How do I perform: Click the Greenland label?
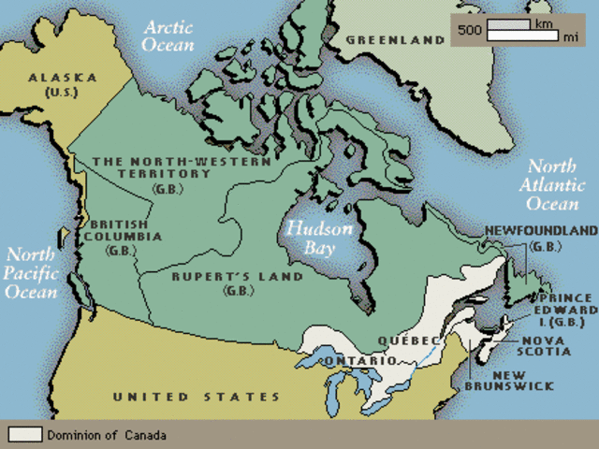(x=394, y=40)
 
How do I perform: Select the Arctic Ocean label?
(x=168, y=35)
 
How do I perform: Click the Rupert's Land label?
(x=237, y=282)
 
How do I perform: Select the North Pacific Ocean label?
(x=34, y=272)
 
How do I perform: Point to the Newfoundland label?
(x=540, y=237)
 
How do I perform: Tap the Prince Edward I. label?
(x=565, y=310)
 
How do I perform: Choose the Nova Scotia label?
(x=546, y=345)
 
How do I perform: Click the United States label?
(x=196, y=398)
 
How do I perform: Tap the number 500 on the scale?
(x=470, y=30)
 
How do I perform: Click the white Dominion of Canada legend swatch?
(x=25, y=435)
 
